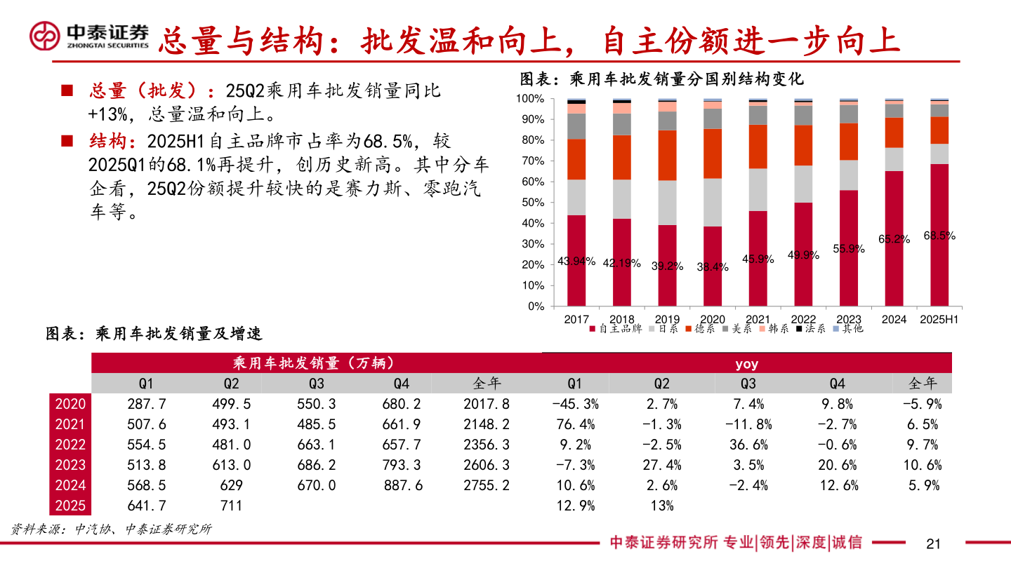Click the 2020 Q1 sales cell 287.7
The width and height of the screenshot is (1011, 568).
click(x=146, y=404)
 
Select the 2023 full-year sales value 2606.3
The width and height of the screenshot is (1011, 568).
click(x=487, y=465)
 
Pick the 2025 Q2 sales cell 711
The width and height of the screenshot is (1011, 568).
click(x=231, y=506)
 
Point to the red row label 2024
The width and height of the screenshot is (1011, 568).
click(x=70, y=485)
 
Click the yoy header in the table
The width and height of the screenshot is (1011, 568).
click(x=746, y=364)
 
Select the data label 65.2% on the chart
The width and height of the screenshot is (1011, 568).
click(x=894, y=239)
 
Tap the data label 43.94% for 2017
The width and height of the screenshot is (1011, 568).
click(x=576, y=262)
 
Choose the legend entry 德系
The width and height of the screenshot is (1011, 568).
click(x=701, y=328)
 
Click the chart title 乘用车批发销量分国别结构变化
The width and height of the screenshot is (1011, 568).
click(x=661, y=79)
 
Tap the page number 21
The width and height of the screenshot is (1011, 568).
click(x=933, y=543)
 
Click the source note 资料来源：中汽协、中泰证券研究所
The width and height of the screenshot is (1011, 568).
click(x=111, y=529)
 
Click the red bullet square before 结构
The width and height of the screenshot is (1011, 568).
click(x=67, y=141)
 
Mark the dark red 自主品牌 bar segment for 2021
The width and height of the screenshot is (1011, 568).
click(x=758, y=259)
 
